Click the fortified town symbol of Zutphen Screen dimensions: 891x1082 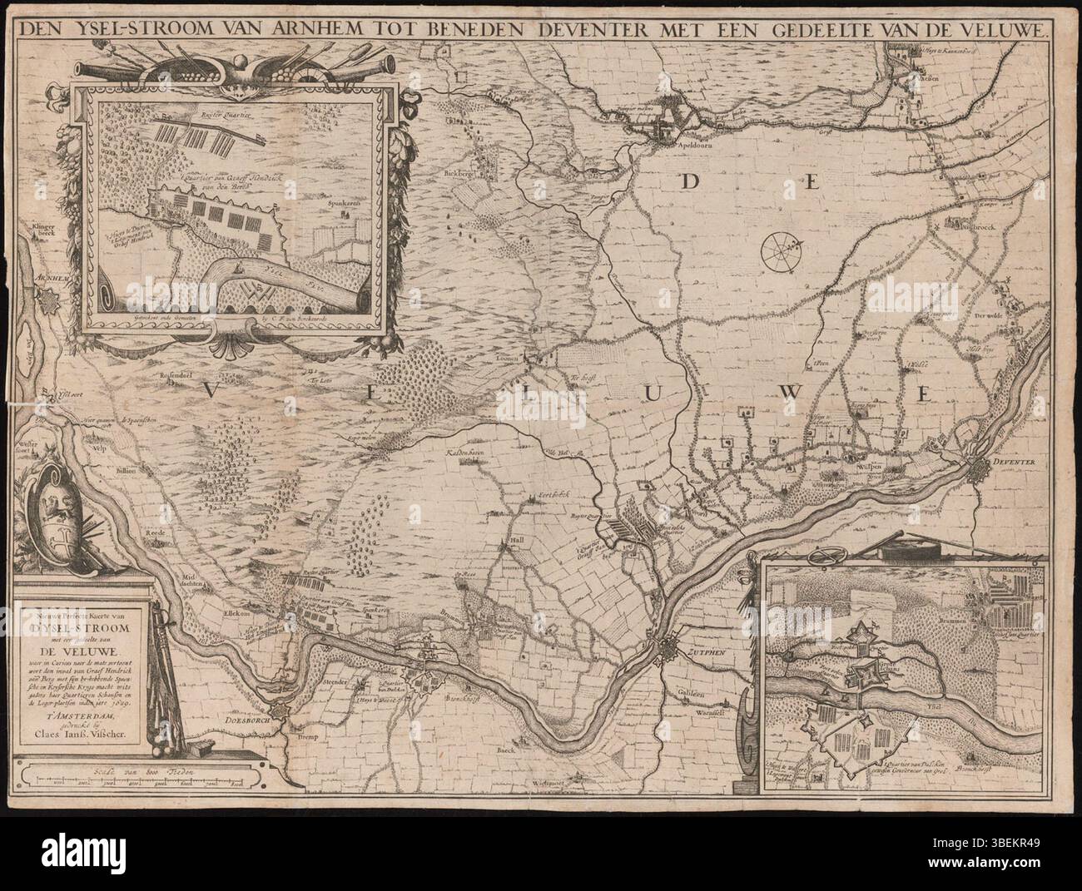(671, 652)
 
